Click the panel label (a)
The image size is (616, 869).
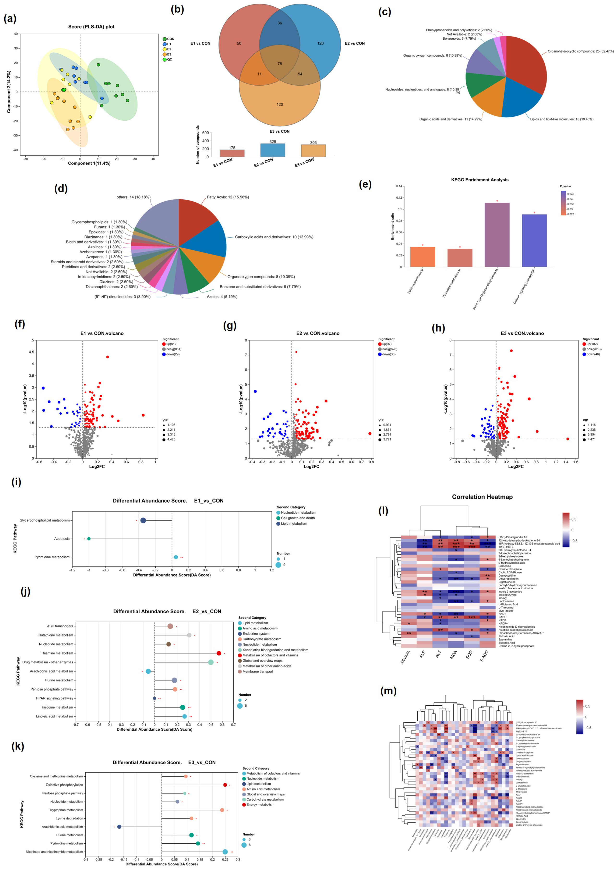pyautogui.click(x=10, y=18)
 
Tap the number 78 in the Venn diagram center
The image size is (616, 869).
pyautogui.click(x=279, y=64)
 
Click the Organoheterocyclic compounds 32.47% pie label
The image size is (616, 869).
pyautogui.click(x=580, y=51)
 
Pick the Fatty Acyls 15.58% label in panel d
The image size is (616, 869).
pyautogui.click(x=228, y=197)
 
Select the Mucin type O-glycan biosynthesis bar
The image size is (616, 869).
pyautogui.click(x=497, y=235)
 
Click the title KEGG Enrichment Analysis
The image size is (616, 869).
pyautogui.click(x=480, y=180)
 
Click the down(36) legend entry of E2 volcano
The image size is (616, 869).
pyautogui.click(x=387, y=354)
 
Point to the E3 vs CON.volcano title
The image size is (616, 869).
pyautogui.click(x=522, y=333)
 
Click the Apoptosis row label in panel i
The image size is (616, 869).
pyautogui.click(x=62, y=539)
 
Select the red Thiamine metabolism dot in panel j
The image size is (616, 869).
pyautogui.click(x=219, y=653)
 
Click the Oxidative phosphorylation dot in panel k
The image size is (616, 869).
pyautogui.click(x=225, y=785)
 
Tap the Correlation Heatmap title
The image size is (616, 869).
pyautogui.click(x=482, y=497)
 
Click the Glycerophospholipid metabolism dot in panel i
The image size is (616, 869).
pyautogui.click(x=143, y=520)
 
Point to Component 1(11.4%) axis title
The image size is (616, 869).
pyautogui.click(x=89, y=163)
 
